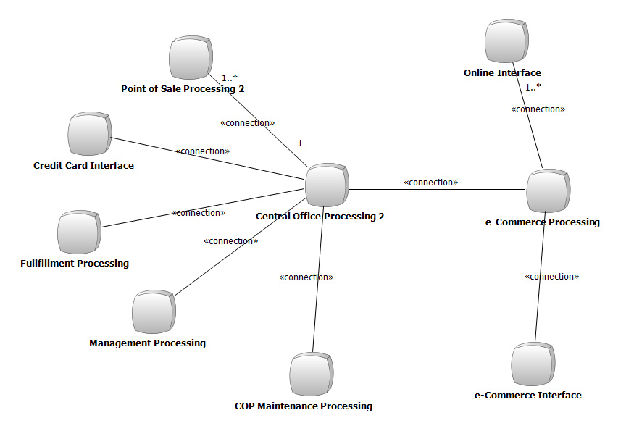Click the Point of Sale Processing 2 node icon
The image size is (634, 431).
191,57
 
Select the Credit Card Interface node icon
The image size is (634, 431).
89,134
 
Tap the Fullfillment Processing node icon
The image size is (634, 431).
79,232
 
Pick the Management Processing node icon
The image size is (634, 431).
154,311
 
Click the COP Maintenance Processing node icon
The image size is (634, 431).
312,374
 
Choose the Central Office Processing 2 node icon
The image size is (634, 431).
327,185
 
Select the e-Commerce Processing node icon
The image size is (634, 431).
549,191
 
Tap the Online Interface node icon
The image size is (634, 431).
506,41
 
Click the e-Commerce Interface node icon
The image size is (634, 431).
533,364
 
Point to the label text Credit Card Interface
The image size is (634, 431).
83,165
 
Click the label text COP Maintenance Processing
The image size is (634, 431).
304,406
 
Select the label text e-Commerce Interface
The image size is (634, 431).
528,395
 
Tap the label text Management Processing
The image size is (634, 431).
147,343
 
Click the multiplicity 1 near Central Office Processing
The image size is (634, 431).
300,143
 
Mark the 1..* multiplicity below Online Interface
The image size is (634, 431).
533,87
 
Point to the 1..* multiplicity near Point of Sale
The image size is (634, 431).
230,78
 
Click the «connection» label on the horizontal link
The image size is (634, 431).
430,183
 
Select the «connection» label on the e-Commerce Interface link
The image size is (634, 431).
551,277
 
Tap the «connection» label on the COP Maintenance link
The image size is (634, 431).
306,277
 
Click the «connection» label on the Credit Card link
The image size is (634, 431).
203,151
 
